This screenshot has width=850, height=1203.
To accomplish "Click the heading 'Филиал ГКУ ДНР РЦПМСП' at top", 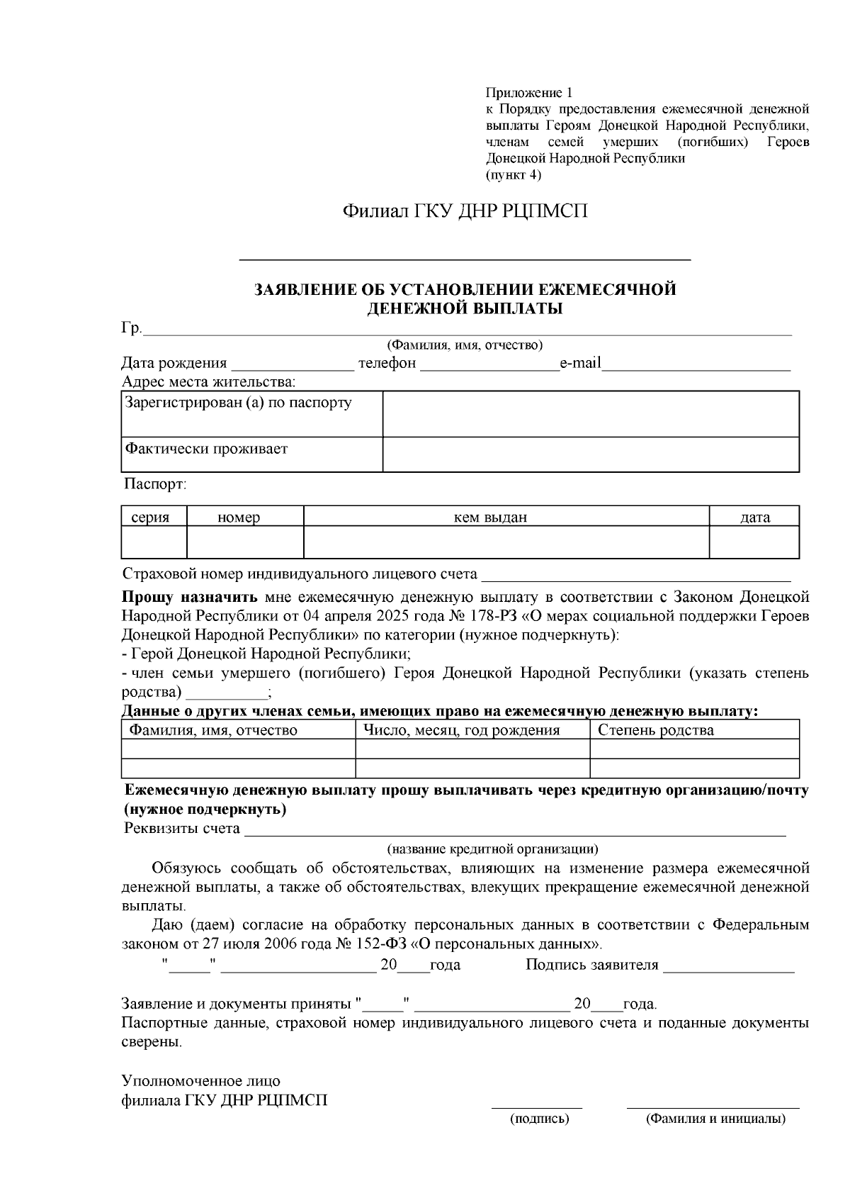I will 465,211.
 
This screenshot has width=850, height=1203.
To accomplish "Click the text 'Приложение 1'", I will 528,93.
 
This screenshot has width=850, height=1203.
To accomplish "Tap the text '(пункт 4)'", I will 513,174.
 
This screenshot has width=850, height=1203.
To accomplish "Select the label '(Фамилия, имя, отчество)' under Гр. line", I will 464,345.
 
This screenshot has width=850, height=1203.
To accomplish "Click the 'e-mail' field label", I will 580,364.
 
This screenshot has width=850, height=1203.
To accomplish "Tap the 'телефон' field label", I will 387,364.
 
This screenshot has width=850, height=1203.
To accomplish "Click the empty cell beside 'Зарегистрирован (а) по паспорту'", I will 591,414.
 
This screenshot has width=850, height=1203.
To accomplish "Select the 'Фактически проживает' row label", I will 207,449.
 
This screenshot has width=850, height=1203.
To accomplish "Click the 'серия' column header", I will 150,517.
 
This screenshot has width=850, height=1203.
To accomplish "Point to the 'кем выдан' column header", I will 490,517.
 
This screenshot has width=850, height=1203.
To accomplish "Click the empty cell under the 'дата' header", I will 754,542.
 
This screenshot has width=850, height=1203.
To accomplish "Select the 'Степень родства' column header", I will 656,730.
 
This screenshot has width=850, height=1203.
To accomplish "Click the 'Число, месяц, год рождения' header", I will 462,730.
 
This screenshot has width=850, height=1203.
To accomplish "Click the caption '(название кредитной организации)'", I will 492,849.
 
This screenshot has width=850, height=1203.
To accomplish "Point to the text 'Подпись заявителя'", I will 591,965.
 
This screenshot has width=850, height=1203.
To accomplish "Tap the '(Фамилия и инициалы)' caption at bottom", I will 714,1119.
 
